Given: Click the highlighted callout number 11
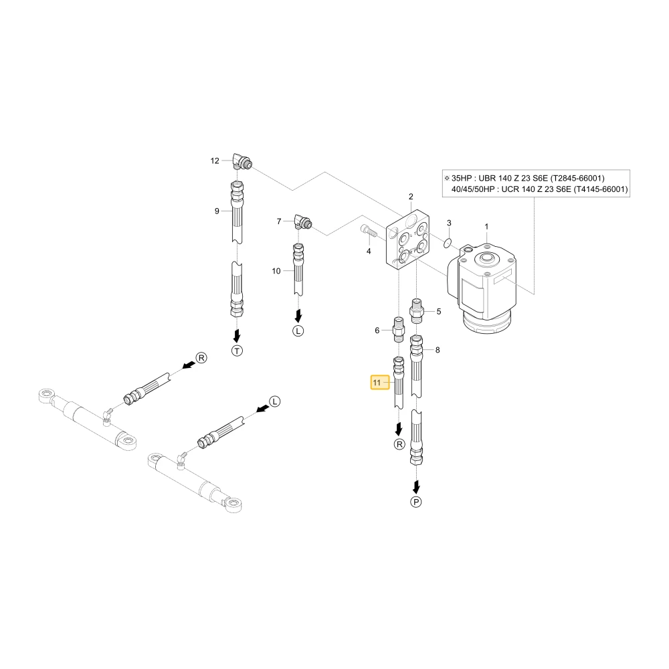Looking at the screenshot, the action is click(376, 383).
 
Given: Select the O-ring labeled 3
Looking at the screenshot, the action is click(447, 244).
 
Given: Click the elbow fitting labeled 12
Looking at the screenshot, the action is click(242, 161).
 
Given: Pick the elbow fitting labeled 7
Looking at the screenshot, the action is click(303, 222).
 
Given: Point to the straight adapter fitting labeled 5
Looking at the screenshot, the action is click(416, 312).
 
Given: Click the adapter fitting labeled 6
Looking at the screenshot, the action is click(398, 329).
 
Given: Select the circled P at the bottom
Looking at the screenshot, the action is click(416, 502).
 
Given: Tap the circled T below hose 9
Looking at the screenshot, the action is click(237, 351).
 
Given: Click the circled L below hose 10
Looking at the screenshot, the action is click(298, 330).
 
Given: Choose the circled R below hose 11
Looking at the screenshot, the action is click(399, 445).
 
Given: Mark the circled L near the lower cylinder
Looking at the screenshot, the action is click(275, 401).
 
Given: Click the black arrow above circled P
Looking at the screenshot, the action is click(416, 487).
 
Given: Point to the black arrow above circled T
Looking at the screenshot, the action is click(237, 336).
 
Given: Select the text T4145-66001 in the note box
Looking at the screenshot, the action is click(601, 189).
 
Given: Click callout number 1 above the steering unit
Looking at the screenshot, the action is click(486, 227).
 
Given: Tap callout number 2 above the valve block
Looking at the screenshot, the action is click(411, 197).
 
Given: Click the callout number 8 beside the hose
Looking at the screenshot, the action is click(438, 350).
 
